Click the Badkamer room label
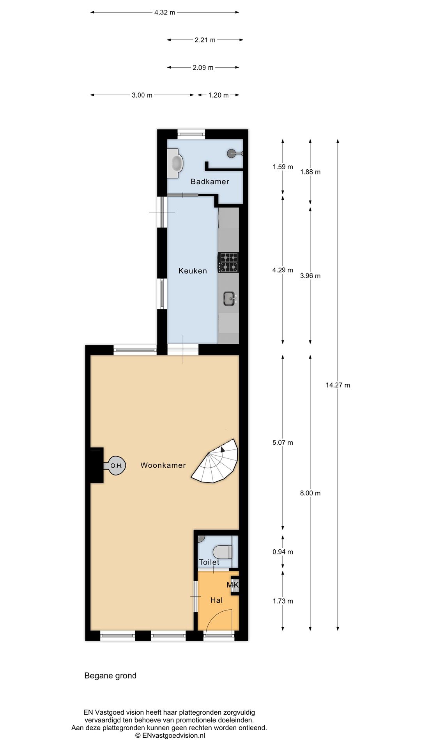click(210, 181)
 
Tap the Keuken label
click(193, 271)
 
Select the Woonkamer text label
click(163, 465)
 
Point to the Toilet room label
click(209, 562)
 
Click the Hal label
click(216, 600)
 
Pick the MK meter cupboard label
click(233, 585)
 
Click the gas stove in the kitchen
click(228, 262)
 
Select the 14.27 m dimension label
click(338, 385)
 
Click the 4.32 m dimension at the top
click(165, 12)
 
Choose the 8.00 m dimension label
click(310, 493)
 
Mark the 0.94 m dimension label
click(283, 552)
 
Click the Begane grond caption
click(110, 676)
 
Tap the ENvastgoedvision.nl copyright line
click(170, 735)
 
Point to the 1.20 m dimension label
click(218, 95)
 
